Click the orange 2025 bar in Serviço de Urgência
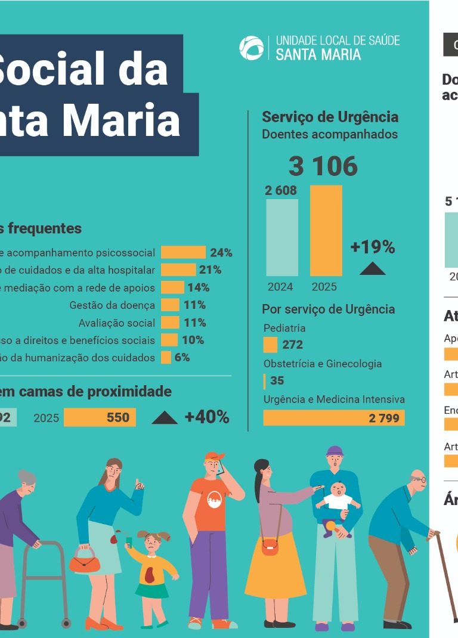326,230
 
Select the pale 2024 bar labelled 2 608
281,237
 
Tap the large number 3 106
323,166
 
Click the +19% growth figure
373,247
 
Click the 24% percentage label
221,253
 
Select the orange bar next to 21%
178,270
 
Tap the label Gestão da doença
112,305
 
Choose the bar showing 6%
166,358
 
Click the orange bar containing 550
100,417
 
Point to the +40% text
207,417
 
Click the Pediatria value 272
292,345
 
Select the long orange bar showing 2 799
333,418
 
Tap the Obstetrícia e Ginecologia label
323,364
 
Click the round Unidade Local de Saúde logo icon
251,48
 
